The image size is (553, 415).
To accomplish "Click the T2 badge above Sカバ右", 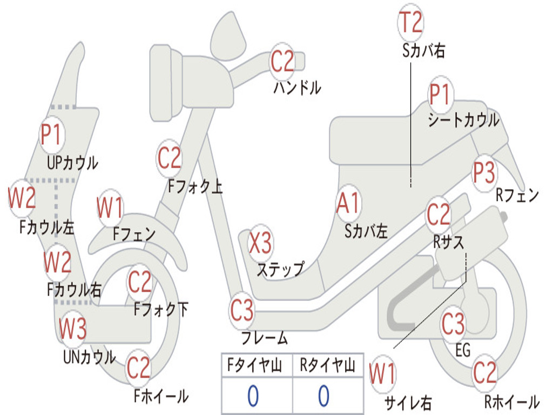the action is point(410,22).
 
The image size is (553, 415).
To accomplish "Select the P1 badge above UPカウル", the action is point(51,135).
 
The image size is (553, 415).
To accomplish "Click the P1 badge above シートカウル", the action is point(440,94).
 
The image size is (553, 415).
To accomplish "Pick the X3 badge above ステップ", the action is point(260,243).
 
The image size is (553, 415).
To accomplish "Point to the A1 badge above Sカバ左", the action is point(348,203).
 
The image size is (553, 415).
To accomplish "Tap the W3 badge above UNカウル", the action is point(72,328).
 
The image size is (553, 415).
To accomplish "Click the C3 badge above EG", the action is point(453,324).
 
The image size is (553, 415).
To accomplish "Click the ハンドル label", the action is point(298,88).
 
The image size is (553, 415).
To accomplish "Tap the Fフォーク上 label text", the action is point(195,186).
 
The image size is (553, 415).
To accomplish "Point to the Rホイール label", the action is point(512,401).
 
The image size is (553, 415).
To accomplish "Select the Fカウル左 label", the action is point(47,227).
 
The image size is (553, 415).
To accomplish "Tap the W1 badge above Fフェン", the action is point(110,207).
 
